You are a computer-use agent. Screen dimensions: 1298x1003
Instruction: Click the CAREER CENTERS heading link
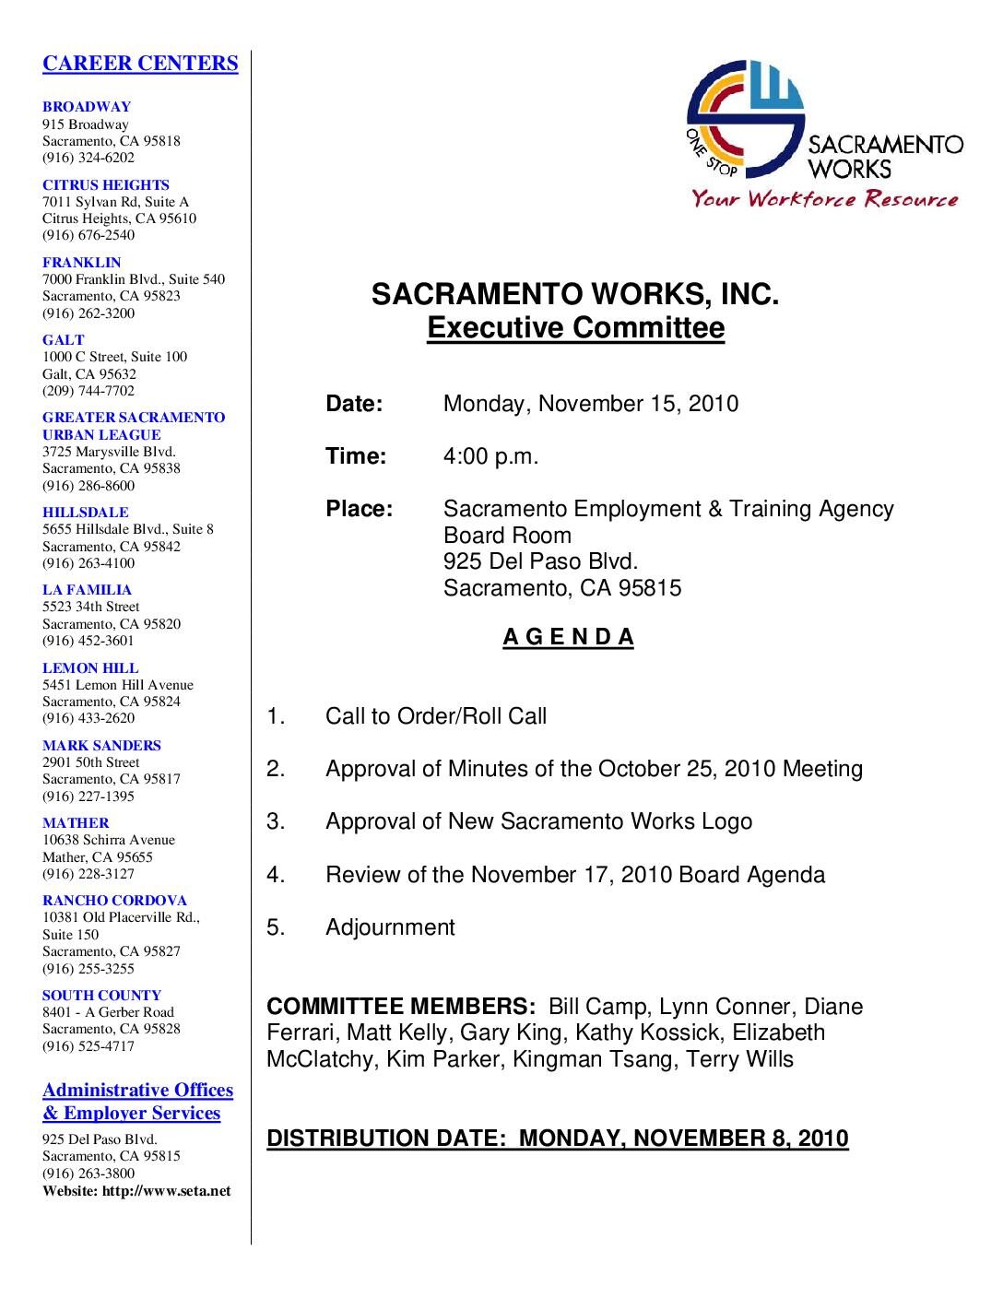point(140,64)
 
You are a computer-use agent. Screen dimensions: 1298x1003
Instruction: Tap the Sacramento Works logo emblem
point(745,118)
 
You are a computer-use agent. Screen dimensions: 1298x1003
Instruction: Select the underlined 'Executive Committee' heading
point(575,328)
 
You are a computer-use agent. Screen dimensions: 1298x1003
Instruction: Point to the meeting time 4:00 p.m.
point(490,456)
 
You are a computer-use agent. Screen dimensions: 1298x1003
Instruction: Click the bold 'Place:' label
point(359,509)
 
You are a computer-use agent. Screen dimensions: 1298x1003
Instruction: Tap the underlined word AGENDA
point(568,637)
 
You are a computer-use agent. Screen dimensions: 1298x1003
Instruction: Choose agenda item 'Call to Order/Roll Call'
point(436,716)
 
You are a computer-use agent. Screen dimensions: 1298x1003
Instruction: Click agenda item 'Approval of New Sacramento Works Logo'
point(538,821)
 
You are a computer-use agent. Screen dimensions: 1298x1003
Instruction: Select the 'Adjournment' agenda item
point(390,927)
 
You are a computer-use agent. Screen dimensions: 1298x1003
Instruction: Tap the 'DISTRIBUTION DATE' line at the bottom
point(557,1139)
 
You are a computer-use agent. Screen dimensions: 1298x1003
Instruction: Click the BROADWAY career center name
point(87,107)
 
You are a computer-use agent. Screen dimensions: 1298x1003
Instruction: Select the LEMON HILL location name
point(90,668)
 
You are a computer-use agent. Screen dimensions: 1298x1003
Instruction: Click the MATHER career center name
point(76,823)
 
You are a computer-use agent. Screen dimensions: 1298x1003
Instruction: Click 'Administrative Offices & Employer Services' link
point(137,1102)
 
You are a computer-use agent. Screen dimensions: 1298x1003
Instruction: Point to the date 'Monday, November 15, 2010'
point(590,404)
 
